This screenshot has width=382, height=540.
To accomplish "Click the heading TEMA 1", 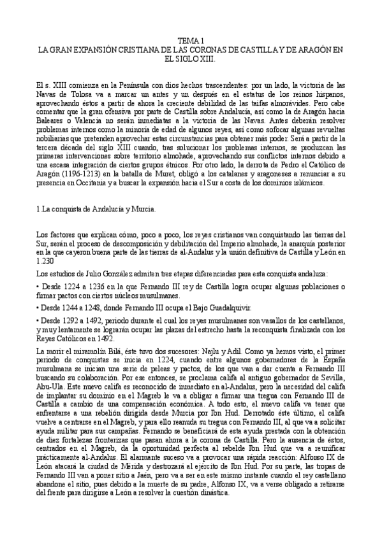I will coord(191,39).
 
